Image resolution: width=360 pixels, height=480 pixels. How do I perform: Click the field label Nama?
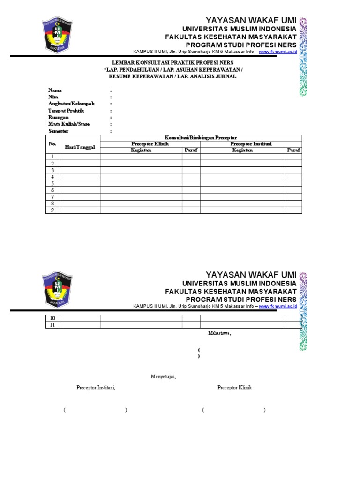coord(55,90)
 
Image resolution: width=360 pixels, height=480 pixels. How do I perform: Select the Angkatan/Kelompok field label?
coord(71,104)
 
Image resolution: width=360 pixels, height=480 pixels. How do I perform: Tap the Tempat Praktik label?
coord(66,111)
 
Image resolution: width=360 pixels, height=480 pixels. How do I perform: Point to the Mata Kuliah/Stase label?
coord(69,124)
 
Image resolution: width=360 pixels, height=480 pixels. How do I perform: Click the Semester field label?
coord(58,131)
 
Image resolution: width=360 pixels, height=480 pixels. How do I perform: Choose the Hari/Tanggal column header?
coord(80,147)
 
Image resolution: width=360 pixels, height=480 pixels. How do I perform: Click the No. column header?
coord(52,144)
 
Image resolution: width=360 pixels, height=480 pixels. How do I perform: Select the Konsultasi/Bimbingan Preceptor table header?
coord(201,137)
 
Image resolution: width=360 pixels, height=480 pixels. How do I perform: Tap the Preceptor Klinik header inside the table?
coord(150,144)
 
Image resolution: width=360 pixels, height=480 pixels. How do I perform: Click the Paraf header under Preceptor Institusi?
coord(293,150)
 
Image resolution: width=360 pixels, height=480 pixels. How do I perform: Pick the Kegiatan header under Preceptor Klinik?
coord(141,150)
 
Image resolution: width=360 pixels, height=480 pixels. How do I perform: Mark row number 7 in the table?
coord(52,197)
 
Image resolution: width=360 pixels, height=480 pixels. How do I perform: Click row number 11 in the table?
coord(52,325)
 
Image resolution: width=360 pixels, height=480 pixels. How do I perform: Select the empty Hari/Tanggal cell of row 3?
coord(80,170)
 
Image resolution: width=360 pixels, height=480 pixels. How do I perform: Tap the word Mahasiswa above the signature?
coord(219,333)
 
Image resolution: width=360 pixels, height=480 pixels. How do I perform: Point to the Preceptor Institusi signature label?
coord(96,388)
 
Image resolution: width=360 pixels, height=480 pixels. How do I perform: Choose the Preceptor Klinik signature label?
coord(234,388)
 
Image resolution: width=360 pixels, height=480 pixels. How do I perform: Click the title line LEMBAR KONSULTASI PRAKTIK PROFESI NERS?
coord(172,62)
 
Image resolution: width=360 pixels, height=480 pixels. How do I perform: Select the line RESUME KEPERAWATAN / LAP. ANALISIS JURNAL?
coord(172,76)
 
